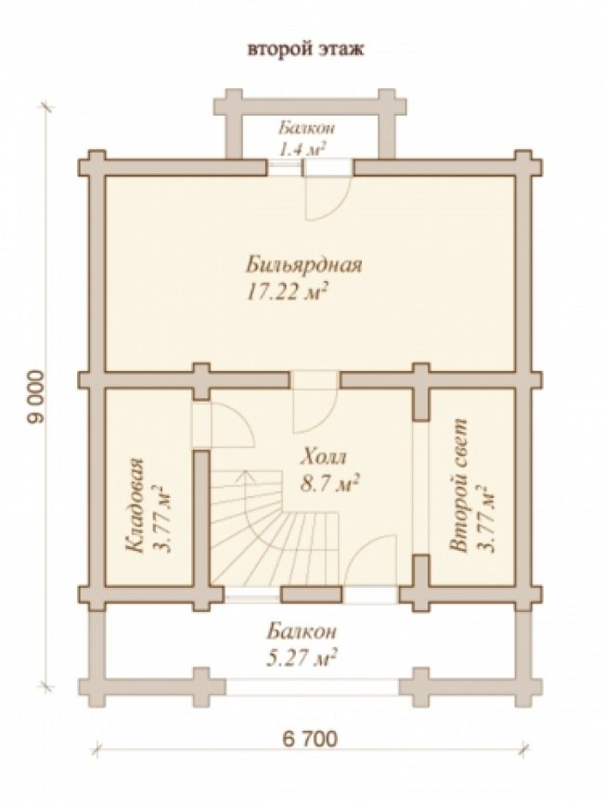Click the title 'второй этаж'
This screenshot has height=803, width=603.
coord(306,50)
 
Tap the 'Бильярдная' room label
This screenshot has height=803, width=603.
coord(305,265)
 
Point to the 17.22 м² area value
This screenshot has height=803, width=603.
coord(288,292)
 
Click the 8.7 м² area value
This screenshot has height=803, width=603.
coord(328,483)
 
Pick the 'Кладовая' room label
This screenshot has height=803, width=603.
coord(135,506)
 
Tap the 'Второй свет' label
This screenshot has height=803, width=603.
coord(458,486)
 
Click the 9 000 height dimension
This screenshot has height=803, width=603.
coord(36,396)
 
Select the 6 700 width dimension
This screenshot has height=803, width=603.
coord(310,738)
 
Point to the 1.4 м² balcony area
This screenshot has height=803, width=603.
coord(302,148)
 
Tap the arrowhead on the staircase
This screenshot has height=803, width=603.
coord(247,477)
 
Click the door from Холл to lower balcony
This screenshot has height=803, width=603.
coord(370,561)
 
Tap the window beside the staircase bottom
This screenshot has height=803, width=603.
coord(252,594)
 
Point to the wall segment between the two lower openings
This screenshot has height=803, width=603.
coord(312,594)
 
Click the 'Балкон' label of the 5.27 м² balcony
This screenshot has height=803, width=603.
coord(301,631)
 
